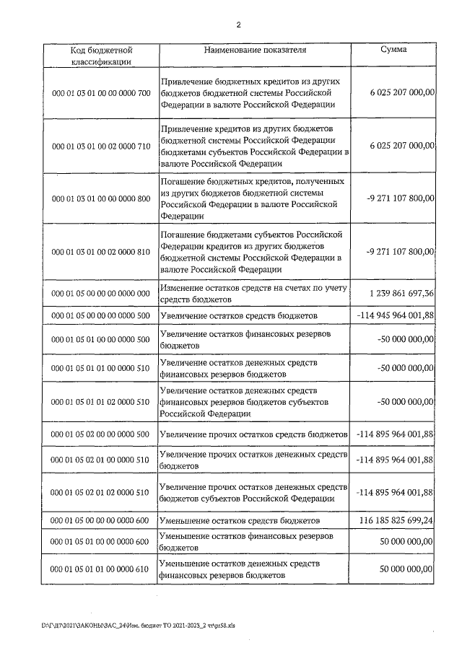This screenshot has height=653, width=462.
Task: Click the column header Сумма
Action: coord(393,51)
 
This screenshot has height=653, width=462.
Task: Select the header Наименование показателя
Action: coord(256,51)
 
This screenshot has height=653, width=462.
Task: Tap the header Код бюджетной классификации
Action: coord(100,56)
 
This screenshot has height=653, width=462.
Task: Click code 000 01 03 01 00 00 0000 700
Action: coord(100,93)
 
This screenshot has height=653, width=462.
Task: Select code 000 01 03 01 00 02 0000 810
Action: coord(100,251)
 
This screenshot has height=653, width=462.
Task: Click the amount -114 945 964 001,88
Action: coord(395,316)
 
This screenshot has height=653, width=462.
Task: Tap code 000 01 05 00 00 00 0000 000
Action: coord(100,294)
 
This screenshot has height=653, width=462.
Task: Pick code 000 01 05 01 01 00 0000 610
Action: coord(100,570)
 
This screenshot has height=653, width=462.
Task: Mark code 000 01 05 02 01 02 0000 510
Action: coord(100,492)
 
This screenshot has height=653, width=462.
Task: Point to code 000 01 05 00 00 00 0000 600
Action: coord(100,520)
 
